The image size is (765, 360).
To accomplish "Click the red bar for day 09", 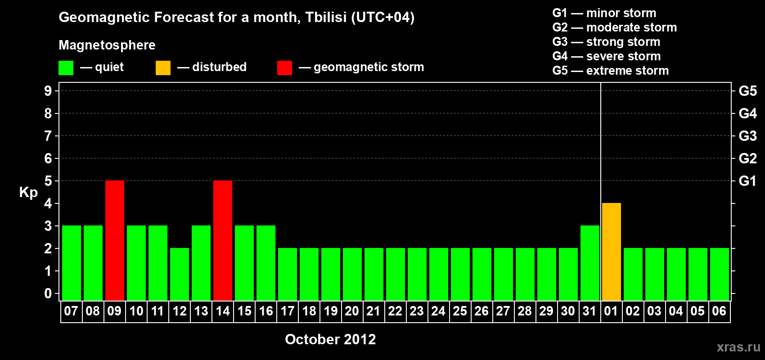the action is click(x=115, y=240).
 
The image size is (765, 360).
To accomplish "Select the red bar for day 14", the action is click(x=223, y=240).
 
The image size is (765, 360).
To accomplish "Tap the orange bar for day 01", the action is click(x=611, y=252).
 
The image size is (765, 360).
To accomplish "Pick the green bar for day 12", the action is click(x=180, y=274).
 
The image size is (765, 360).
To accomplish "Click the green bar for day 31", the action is click(x=590, y=263).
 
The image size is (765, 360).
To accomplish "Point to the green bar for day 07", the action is click(x=72, y=263).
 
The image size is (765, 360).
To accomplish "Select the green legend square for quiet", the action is click(x=66, y=67).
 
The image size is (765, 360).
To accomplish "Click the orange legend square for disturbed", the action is click(x=163, y=67).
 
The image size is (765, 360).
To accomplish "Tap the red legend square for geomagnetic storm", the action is click(x=284, y=67).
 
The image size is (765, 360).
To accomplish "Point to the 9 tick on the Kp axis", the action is click(x=48, y=91).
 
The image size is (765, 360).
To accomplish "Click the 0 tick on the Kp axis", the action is click(x=48, y=293).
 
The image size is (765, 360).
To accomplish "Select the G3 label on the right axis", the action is click(x=747, y=136).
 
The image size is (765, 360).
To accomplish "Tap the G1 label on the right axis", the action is click(x=747, y=181).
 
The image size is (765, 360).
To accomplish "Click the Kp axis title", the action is click(x=28, y=193).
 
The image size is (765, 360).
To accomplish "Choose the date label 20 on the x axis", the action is click(x=352, y=311).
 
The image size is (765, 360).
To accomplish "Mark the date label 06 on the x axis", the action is click(x=719, y=311).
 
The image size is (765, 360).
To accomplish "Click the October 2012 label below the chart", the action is click(x=330, y=339).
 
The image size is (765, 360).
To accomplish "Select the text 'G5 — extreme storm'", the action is click(x=610, y=71).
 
